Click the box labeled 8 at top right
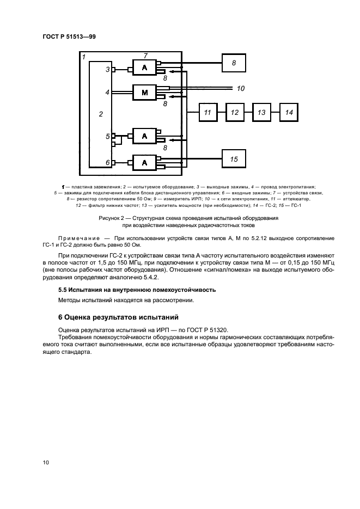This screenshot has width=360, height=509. point(234,63)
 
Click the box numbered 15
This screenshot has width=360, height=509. point(234,159)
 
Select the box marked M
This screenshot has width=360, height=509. point(144,93)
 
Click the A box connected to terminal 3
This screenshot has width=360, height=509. point(144,68)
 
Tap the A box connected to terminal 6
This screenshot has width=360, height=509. point(144,162)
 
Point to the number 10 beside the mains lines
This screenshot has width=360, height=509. point(241,88)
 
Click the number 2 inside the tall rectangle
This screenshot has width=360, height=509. point(100,114)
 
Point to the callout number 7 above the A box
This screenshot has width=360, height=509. point(145,56)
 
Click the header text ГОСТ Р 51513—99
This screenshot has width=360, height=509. point(69,36)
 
